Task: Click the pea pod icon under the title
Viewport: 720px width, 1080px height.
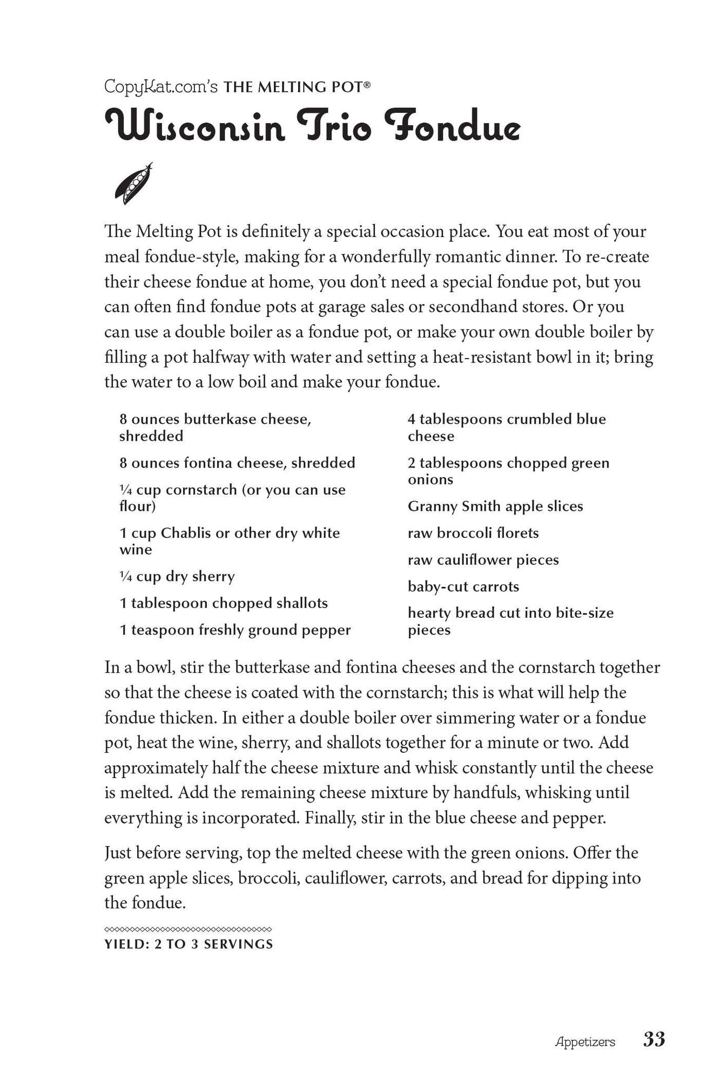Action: tap(133, 184)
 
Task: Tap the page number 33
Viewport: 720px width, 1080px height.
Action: tap(654, 1039)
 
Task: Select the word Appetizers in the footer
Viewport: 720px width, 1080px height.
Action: tap(585, 1042)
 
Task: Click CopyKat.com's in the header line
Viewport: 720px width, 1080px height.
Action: tap(161, 87)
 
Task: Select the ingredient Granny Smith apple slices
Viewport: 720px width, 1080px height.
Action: tap(495, 506)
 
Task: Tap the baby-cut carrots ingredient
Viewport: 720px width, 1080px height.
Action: tap(463, 586)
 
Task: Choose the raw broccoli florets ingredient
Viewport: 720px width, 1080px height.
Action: tap(473, 533)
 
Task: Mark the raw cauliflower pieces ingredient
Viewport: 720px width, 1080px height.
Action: tap(483, 560)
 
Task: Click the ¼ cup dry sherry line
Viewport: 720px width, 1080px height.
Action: tap(177, 576)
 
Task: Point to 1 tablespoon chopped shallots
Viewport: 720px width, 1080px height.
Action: tap(224, 603)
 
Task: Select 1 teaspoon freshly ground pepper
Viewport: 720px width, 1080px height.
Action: tap(235, 630)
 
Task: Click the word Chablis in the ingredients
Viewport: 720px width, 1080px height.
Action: tap(186, 533)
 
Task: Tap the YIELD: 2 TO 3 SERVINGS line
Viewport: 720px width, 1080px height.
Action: tap(189, 944)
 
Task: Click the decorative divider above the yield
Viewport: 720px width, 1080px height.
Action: tap(188, 929)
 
